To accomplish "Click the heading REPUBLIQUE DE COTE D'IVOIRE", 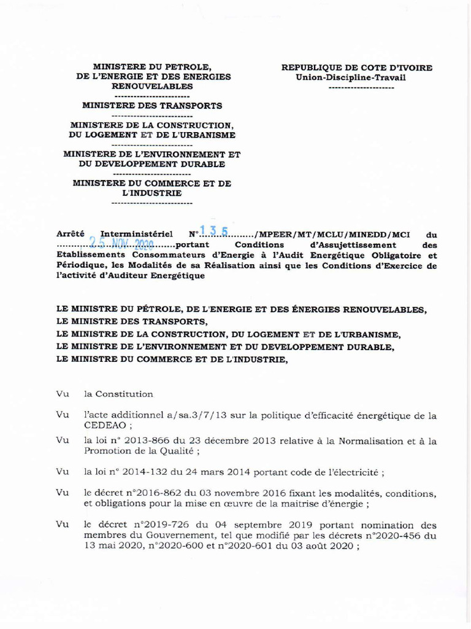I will tap(356, 68).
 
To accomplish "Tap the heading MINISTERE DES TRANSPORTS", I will tap(152, 106).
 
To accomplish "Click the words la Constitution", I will tap(118, 394).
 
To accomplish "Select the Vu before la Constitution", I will tap(61, 394).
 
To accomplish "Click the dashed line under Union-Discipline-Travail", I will tap(361, 88).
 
